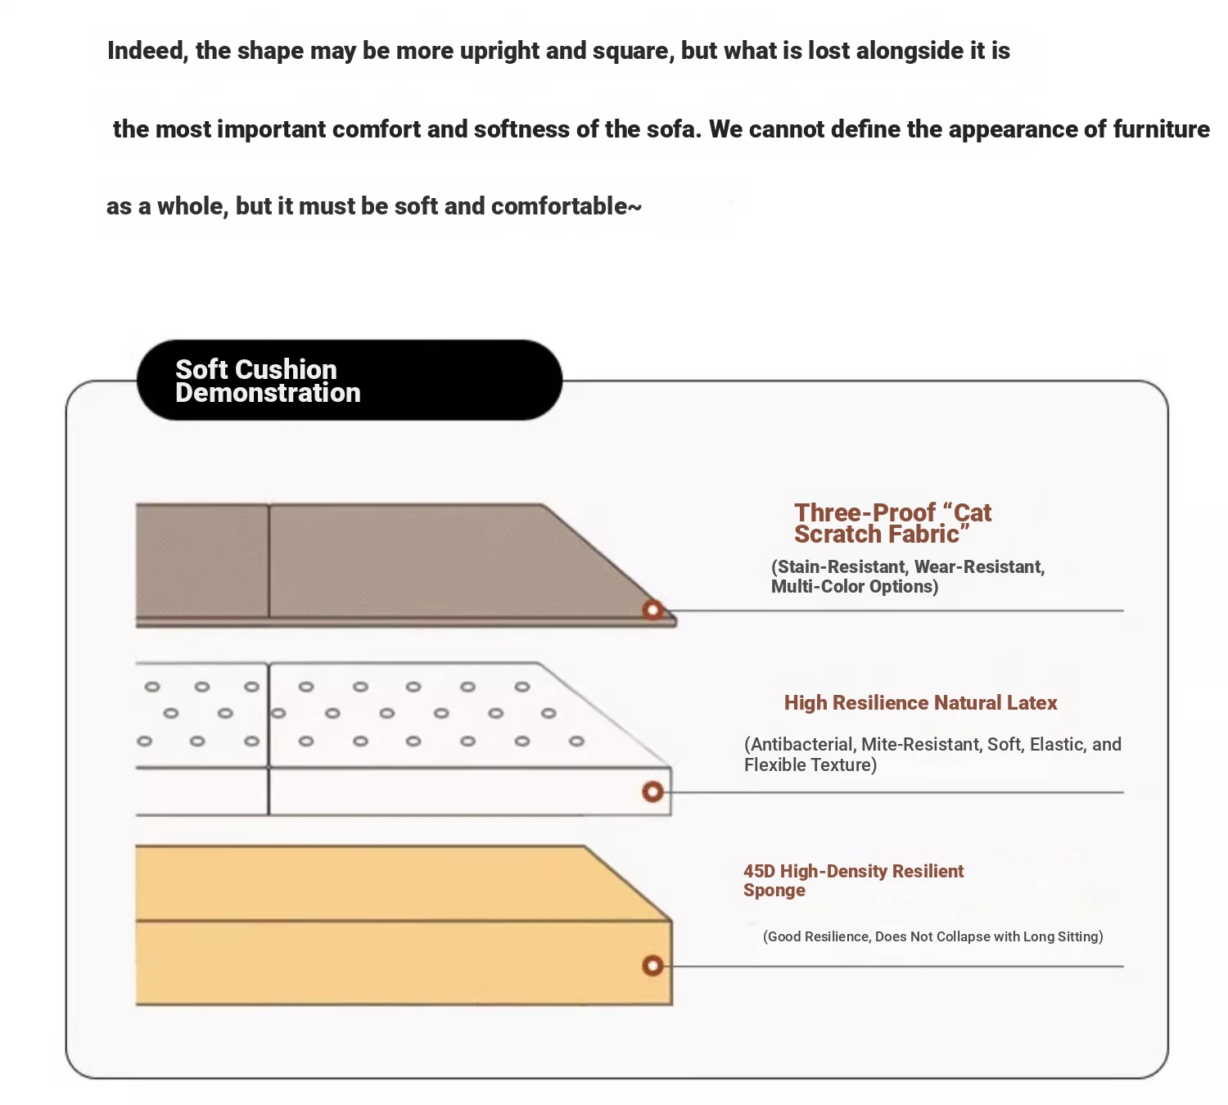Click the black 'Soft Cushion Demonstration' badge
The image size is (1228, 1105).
(x=350, y=381)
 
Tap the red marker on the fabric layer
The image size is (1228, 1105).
(x=652, y=610)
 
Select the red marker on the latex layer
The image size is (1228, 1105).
(x=652, y=792)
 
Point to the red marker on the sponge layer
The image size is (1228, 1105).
(x=652, y=966)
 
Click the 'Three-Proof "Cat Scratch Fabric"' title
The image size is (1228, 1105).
(x=892, y=524)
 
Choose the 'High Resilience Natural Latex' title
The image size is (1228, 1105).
(x=920, y=703)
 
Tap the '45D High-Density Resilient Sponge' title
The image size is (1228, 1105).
(x=853, y=881)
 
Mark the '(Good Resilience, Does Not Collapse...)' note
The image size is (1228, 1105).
(x=932, y=936)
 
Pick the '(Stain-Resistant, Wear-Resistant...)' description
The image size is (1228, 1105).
(x=907, y=576)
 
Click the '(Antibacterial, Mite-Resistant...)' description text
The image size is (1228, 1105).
(x=932, y=754)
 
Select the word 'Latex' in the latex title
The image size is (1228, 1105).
(x=1032, y=703)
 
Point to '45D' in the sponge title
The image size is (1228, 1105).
(x=759, y=871)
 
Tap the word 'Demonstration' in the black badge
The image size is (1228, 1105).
(x=268, y=393)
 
